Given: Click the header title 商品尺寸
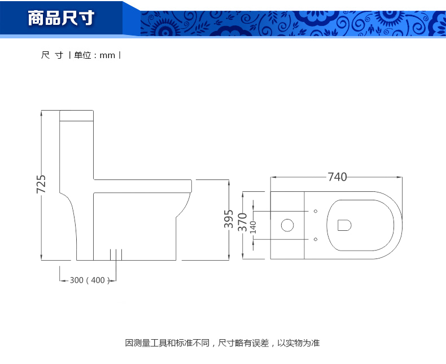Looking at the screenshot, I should (62, 19).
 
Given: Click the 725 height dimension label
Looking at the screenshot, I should (41, 185).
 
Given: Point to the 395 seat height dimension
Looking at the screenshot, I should (229, 219).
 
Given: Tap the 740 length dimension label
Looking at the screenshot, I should (337, 177).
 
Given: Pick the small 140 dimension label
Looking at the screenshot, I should (253, 227).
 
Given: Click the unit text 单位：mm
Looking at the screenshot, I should (95, 55).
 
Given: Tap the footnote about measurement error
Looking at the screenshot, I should (222, 343).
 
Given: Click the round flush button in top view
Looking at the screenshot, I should (287, 226).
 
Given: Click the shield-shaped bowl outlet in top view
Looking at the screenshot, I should (344, 226).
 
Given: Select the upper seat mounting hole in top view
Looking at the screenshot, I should (315, 212).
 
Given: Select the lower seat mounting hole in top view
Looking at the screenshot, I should (315, 240).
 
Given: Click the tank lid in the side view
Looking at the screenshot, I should (76, 116).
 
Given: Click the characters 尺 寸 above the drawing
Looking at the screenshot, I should (52, 55).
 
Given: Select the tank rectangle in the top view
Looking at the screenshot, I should (287, 226).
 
